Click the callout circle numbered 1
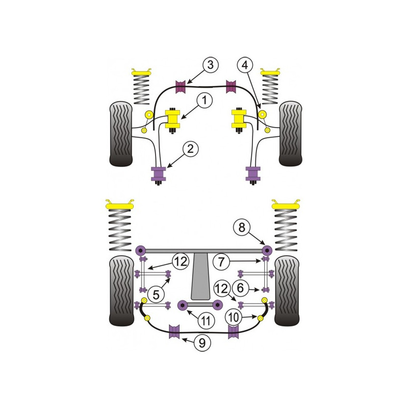[205, 100]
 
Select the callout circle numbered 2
[190, 149]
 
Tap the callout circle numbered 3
[210, 65]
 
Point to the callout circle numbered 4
[245, 65]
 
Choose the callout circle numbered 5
[156, 295]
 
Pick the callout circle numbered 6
[240, 288]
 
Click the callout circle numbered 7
[221, 262]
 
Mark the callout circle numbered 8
[242, 227]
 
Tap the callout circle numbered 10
[234, 317]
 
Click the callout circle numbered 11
[206, 321]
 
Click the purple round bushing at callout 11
[183, 305]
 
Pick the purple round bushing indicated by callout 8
[266, 250]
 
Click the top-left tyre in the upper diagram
[121, 134]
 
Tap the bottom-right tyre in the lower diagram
[287, 291]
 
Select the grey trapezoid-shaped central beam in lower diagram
[200, 276]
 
